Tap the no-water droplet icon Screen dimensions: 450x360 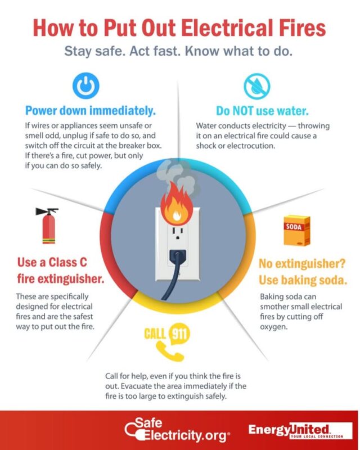(257, 86)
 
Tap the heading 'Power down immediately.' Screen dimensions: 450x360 (90, 110)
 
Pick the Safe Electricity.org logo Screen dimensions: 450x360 (177, 432)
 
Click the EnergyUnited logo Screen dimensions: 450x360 (296, 431)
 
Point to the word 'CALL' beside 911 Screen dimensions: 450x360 (155, 334)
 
